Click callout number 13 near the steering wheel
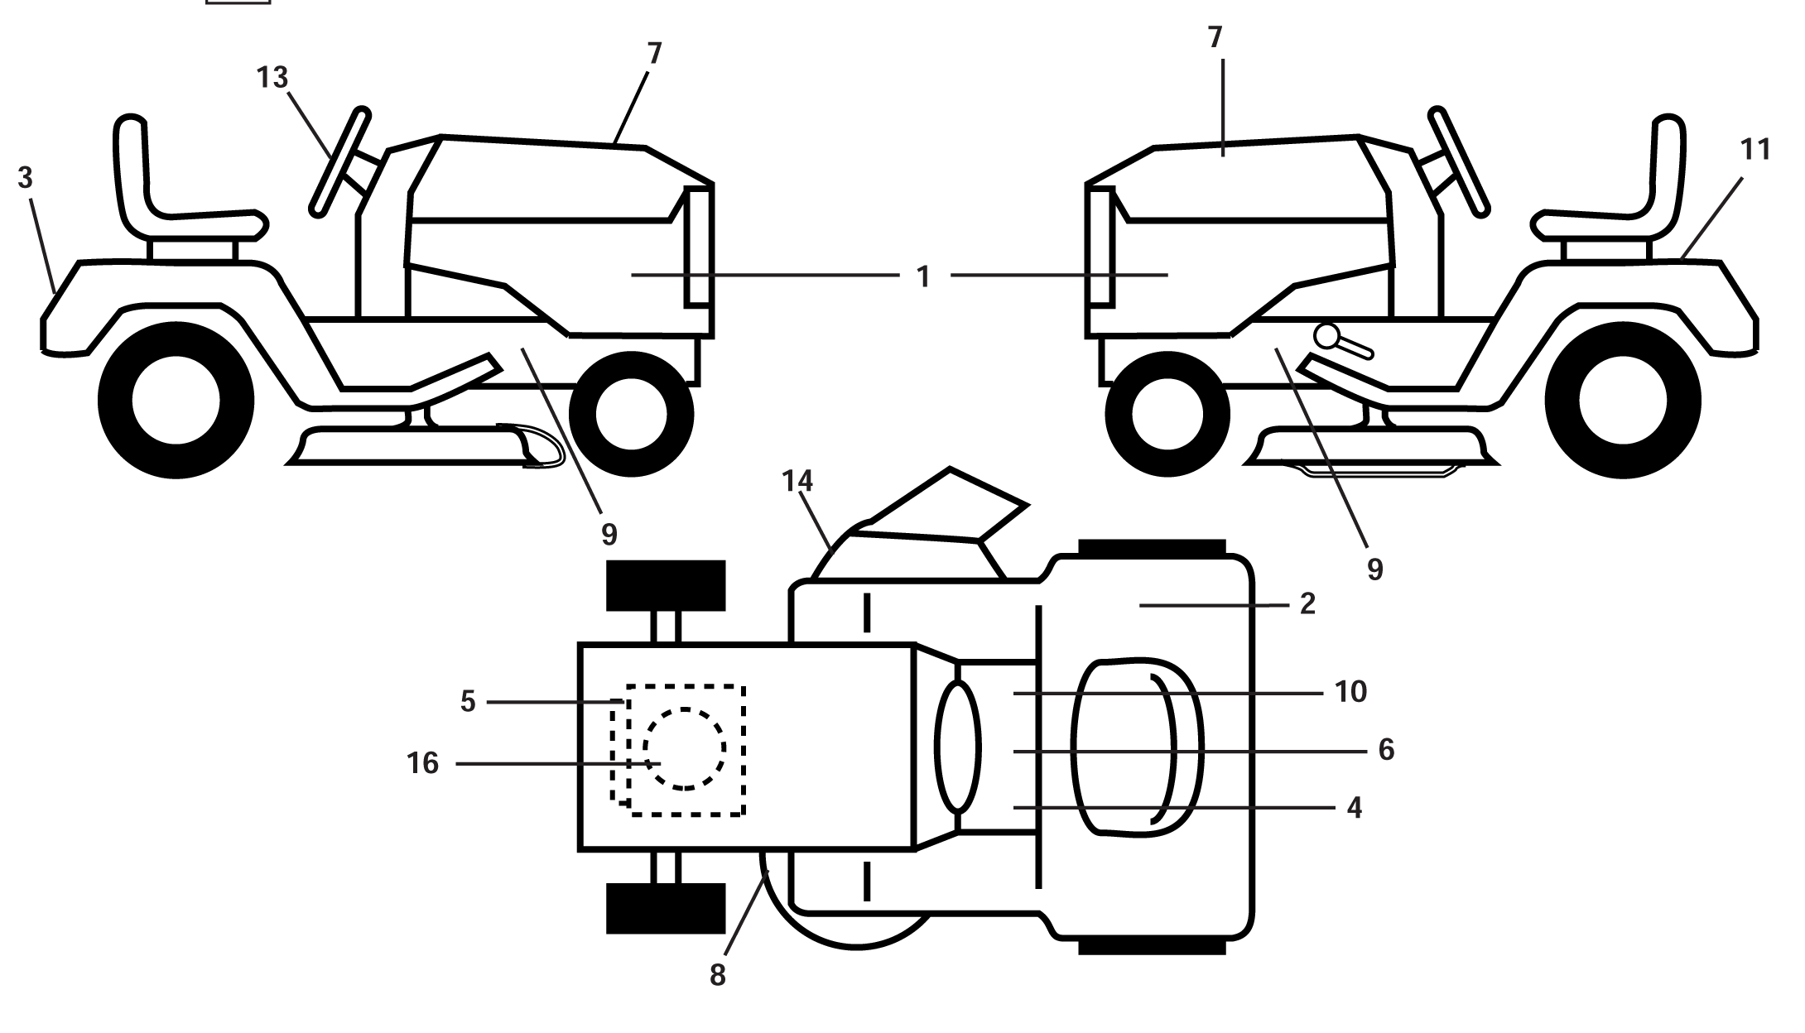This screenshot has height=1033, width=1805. (272, 78)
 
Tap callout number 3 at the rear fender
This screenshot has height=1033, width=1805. (26, 178)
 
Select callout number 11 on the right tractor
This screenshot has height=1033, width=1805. (1754, 150)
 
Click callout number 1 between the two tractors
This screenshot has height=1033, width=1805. (924, 276)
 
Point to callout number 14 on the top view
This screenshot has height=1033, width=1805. (798, 481)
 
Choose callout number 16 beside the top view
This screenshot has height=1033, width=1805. (422, 763)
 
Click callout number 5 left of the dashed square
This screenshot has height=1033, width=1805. (468, 702)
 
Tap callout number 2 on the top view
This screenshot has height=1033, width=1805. (1307, 603)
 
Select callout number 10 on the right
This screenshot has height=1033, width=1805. (1350, 691)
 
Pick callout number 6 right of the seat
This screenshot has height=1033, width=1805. (1386, 750)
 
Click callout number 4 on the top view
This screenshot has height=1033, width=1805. (1355, 808)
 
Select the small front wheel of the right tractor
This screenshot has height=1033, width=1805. (1167, 413)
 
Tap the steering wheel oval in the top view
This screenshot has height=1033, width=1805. (957, 746)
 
